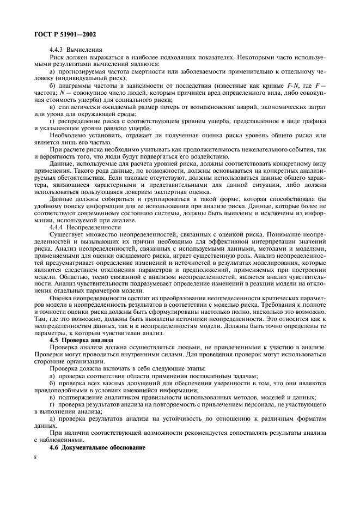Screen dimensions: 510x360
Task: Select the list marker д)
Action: [52, 417]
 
